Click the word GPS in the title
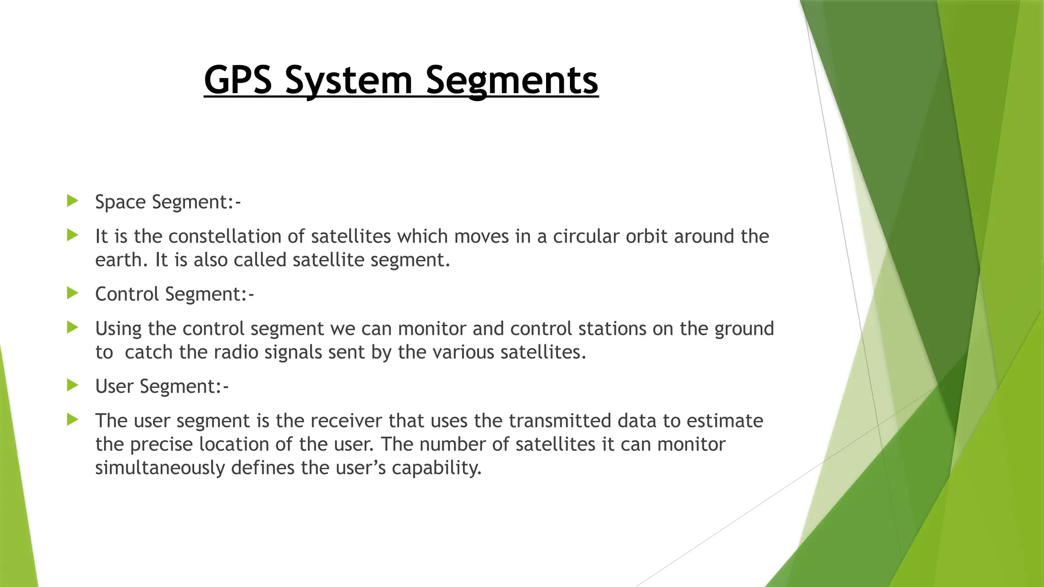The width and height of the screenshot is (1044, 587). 238,80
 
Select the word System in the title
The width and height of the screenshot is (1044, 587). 349,80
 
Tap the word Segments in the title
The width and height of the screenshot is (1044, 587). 512,80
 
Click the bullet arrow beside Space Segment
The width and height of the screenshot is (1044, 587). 72,201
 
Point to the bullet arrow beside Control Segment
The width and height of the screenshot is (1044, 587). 72,293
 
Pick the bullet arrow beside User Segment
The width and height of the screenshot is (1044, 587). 72,385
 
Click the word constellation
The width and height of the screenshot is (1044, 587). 237,236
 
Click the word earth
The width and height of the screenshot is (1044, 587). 118,260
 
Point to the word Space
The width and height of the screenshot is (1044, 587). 120,202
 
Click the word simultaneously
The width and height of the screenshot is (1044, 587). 160,468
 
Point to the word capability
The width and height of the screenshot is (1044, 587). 436,468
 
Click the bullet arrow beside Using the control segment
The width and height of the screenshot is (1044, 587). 72,328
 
